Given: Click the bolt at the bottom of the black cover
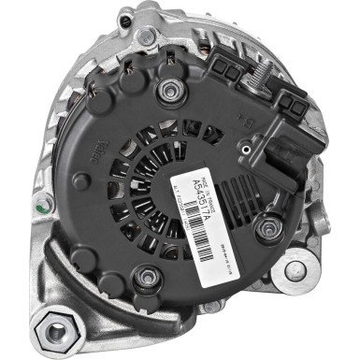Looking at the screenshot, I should coord(145,278).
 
